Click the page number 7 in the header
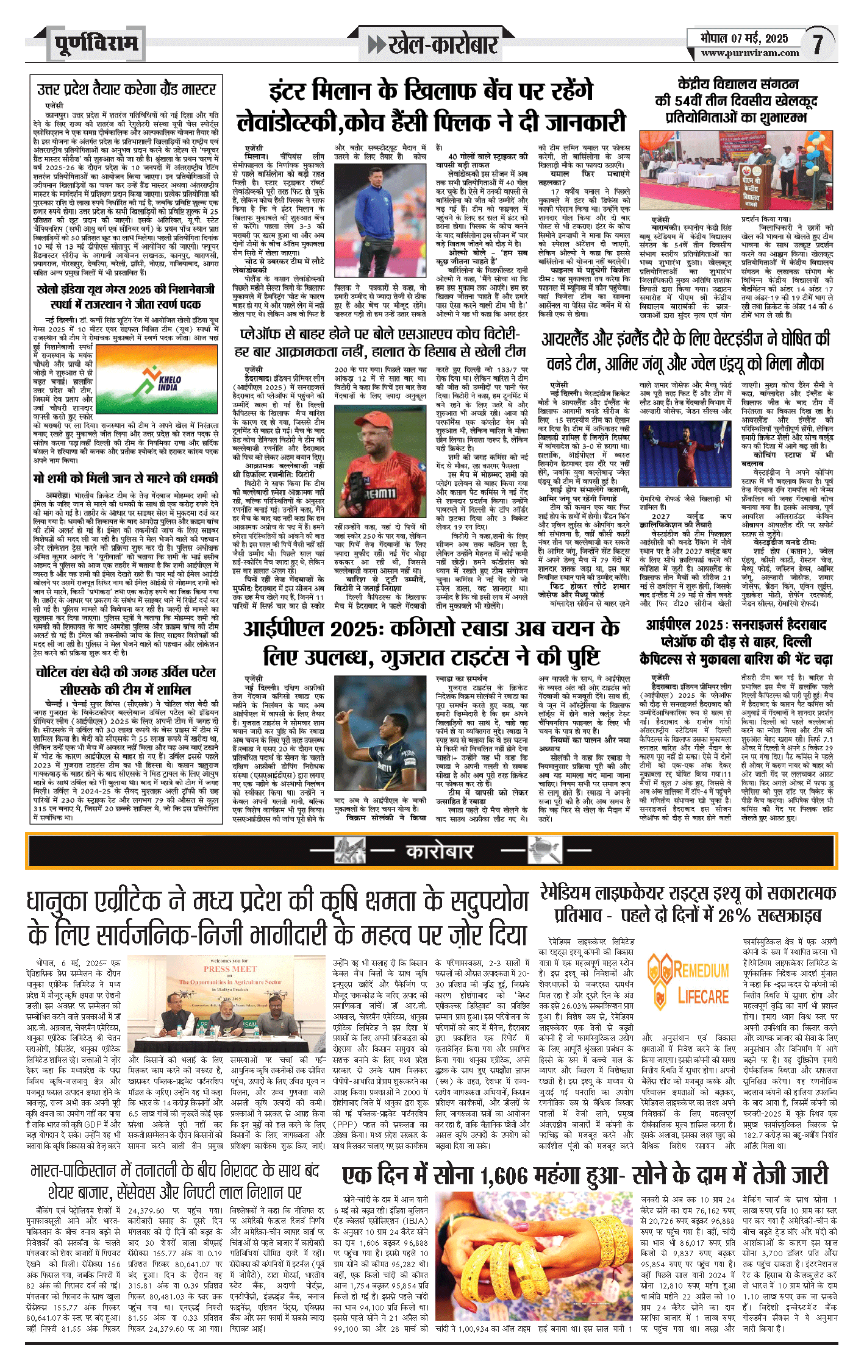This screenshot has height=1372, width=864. point(818,43)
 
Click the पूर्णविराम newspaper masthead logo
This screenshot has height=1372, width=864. point(96,44)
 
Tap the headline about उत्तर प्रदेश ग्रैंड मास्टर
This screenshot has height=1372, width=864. point(126,90)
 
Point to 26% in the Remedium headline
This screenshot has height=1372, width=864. point(734,916)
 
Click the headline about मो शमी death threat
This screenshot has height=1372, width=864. point(126,478)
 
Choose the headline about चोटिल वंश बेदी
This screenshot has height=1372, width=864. point(126,681)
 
